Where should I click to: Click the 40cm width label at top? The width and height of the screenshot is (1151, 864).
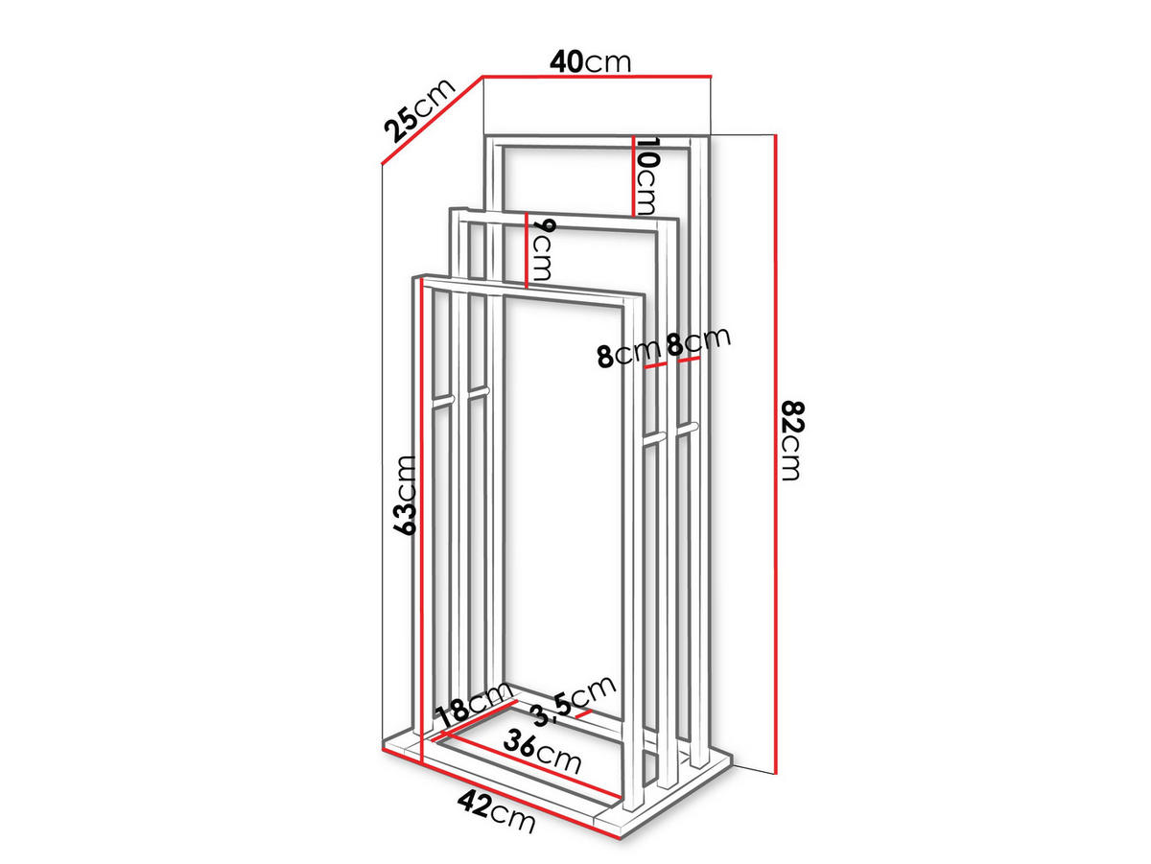tap(590, 62)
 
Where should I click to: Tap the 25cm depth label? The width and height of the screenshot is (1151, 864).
tap(419, 110)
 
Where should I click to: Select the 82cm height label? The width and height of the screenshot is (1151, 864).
tap(792, 441)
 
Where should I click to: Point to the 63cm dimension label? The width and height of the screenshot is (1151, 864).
tap(407, 496)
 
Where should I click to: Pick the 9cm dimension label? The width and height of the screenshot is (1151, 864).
tap(542, 249)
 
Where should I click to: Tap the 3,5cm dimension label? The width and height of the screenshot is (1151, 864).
tap(573, 700)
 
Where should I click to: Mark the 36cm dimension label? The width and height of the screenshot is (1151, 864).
tap(542, 752)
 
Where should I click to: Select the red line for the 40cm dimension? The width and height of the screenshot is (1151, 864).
tap(598, 77)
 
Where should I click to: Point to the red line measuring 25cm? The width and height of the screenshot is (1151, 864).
tap(432, 121)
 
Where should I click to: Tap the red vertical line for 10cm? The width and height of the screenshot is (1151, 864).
tap(633, 176)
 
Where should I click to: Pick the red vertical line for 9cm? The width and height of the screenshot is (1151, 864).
tap(526, 250)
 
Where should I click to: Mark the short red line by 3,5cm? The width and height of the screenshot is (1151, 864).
tap(583, 713)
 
